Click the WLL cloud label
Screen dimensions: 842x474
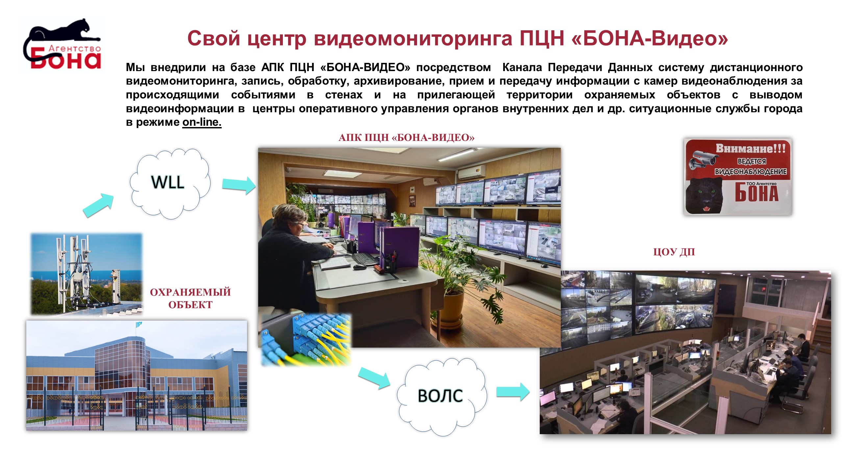point(168,182)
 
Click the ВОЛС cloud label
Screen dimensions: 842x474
point(440,396)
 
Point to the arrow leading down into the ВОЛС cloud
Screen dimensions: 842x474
point(374,378)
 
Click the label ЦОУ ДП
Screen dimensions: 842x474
point(674,252)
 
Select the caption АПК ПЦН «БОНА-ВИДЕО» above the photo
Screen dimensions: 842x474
point(407,138)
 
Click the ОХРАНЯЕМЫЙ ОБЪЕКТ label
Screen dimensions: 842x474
point(190,298)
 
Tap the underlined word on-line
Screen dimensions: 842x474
point(202,122)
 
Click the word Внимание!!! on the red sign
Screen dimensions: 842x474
point(751,148)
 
